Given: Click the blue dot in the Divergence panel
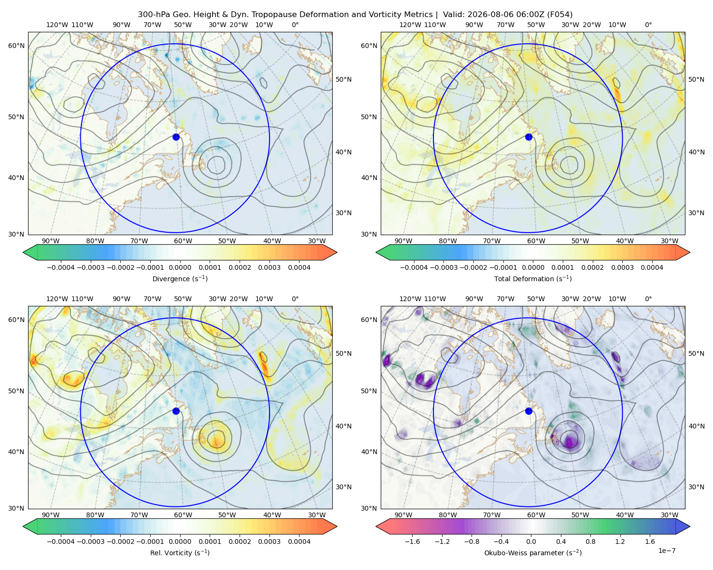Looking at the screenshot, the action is (x=176, y=137).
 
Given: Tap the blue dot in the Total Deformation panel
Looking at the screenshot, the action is (x=529, y=137).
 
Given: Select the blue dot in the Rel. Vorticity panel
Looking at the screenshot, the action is (x=176, y=411).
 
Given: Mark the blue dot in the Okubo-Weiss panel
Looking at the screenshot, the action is (x=529, y=411).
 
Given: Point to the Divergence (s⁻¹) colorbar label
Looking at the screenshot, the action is (x=180, y=278).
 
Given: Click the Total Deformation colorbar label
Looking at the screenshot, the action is (x=533, y=278).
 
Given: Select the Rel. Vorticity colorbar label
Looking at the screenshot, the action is (x=180, y=553).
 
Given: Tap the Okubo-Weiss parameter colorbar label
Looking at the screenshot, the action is (x=533, y=553).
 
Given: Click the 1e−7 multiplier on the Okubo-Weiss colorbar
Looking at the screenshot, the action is (x=666, y=551).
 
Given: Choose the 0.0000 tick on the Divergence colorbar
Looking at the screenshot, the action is (x=180, y=267).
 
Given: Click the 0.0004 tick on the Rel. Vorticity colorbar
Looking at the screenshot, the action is (x=299, y=541).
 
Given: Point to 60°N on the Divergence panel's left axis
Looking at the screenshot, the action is (x=16, y=46).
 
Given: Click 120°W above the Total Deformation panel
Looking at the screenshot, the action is (x=410, y=25).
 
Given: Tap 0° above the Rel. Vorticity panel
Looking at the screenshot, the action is (x=295, y=299).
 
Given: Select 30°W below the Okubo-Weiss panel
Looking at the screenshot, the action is (x=670, y=515).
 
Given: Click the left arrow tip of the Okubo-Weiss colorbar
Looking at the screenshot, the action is (x=376, y=526).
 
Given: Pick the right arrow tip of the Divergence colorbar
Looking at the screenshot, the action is (x=337, y=252).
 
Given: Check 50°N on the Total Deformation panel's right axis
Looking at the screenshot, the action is (x=696, y=79).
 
